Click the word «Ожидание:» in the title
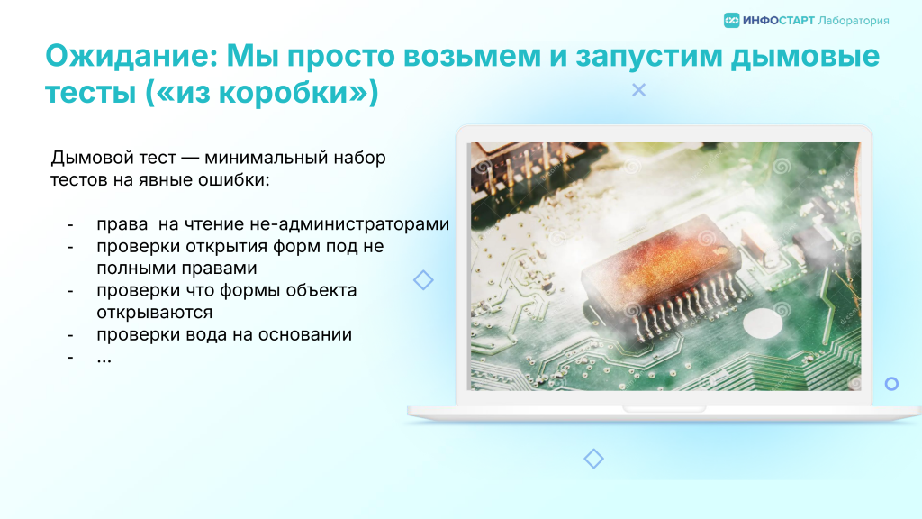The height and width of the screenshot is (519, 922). pyautogui.click(x=131, y=56)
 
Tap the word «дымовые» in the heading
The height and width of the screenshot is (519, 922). pyautogui.click(x=805, y=56)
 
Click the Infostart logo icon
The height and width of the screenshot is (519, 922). pyautogui.click(x=731, y=21)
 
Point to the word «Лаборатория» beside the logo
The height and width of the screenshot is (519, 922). pyautogui.click(x=854, y=21)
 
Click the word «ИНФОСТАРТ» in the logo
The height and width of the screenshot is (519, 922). pyautogui.click(x=779, y=21)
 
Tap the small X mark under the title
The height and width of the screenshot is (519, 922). pyautogui.click(x=638, y=90)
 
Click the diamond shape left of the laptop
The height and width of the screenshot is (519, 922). pyautogui.click(x=423, y=280)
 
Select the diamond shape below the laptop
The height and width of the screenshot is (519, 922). pyautogui.click(x=594, y=459)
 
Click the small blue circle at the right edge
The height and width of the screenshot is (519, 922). pyautogui.click(x=891, y=384)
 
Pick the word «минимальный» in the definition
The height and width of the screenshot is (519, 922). pyautogui.click(x=267, y=158)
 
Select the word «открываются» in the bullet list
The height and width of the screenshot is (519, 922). pyautogui.click(x=155, y=313)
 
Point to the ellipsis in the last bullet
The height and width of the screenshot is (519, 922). pyautogui.click(x=104, y=360)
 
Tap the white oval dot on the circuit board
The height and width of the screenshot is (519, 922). pyautogui.click(x=763, y=323)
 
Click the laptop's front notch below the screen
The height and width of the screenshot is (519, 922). pyautogui.click(x=664, y=409)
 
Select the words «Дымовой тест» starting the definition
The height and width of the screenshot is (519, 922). pyautogui.click(x=113, y=158)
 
